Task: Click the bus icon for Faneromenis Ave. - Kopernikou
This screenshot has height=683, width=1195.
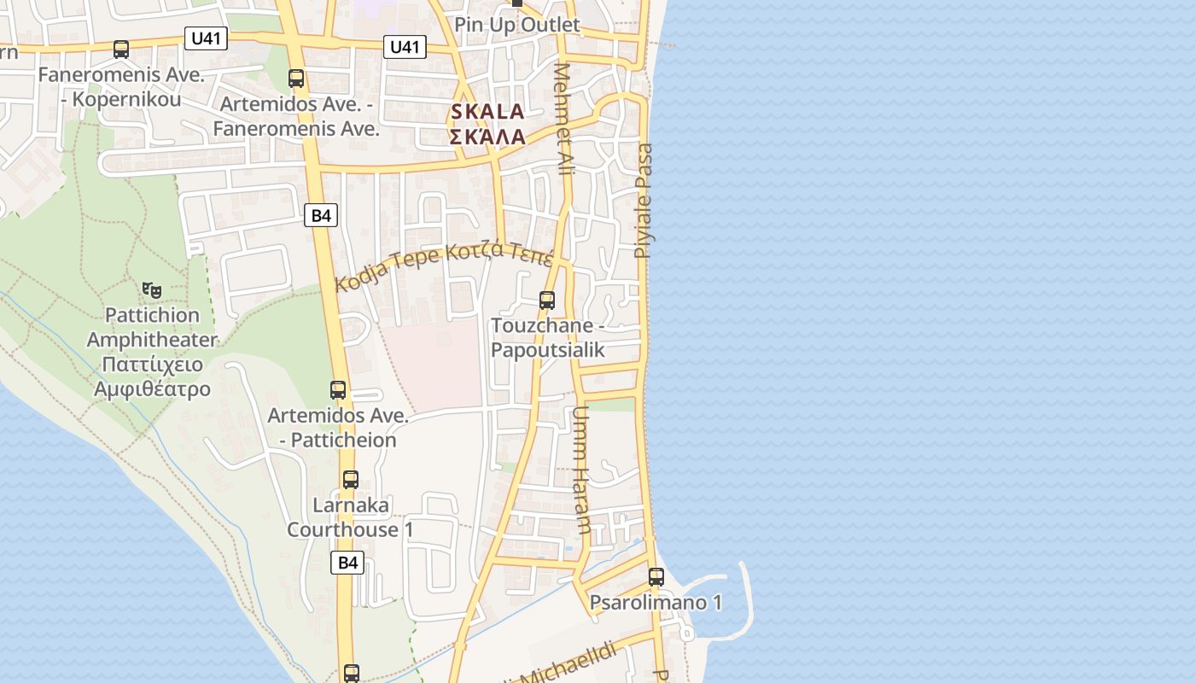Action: pos(121,50)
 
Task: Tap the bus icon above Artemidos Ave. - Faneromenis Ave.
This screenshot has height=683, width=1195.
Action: pos(296,79)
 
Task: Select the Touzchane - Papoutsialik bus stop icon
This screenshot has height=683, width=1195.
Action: pos(547,301)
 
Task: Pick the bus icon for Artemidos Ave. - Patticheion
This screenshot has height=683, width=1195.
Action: pos(338,390)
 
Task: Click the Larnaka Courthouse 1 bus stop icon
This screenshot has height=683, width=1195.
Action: pos(351,479)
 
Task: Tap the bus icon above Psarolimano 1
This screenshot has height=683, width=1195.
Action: pos(656,577)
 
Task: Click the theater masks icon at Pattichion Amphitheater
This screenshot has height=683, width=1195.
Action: pos(152,290)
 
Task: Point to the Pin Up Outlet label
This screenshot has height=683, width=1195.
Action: pos(517,25)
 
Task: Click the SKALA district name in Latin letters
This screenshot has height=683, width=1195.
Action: pos(487,112)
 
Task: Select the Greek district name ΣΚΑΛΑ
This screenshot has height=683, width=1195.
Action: pos(487,137)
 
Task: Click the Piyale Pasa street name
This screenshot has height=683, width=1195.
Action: pos(644,201)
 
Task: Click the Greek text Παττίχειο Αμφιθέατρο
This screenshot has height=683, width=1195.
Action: pos(153,377)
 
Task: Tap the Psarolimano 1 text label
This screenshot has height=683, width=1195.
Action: pos(656,603)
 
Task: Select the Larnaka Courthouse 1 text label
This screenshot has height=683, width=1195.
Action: pos(350,517)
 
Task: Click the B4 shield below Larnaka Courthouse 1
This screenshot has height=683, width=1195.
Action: pos(347,563)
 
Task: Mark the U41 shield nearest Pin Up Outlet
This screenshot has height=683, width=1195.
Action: pos(405,46)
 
